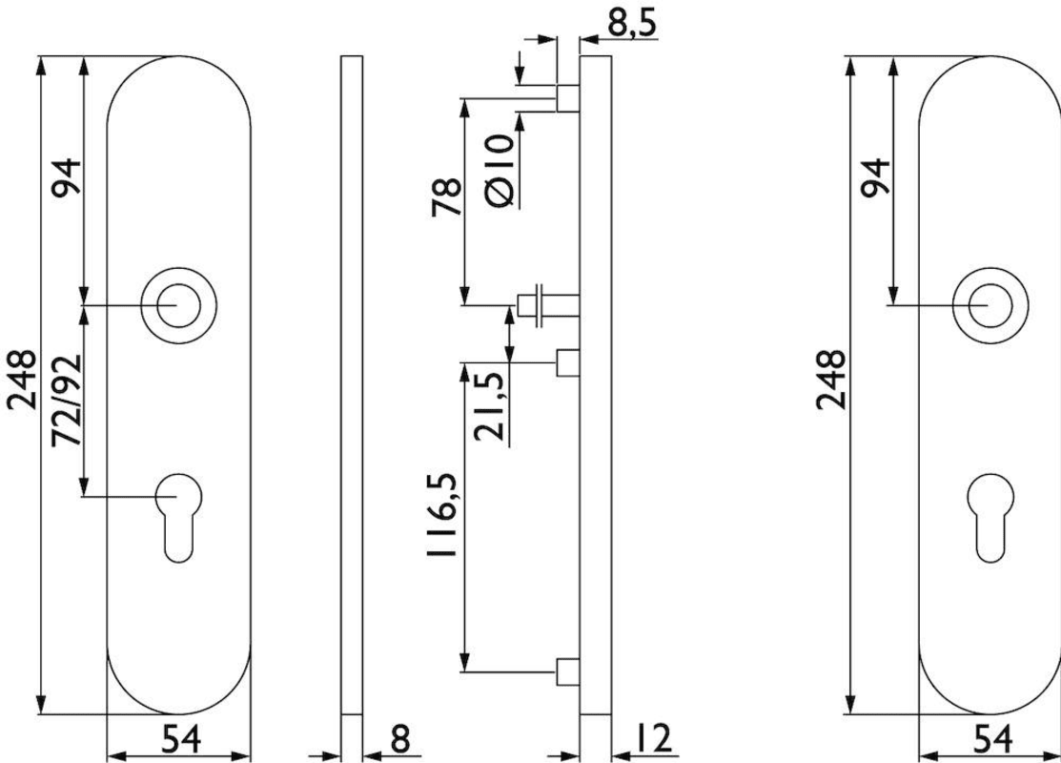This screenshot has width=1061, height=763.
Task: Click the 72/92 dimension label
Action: coord(68,400)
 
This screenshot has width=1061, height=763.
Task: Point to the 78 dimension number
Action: coord(446,197)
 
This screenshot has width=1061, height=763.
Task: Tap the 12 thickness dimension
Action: coord(651,738)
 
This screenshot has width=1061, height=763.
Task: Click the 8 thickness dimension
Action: coord(400,738)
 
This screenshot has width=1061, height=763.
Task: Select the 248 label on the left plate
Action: coord(22,380)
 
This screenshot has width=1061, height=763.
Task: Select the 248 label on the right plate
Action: coord(830,380)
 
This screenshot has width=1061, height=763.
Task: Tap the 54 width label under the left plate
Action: coord(181,738)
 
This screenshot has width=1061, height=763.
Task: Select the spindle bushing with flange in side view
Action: coord(548,305)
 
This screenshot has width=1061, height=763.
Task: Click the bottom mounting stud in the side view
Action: coord(568,670)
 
